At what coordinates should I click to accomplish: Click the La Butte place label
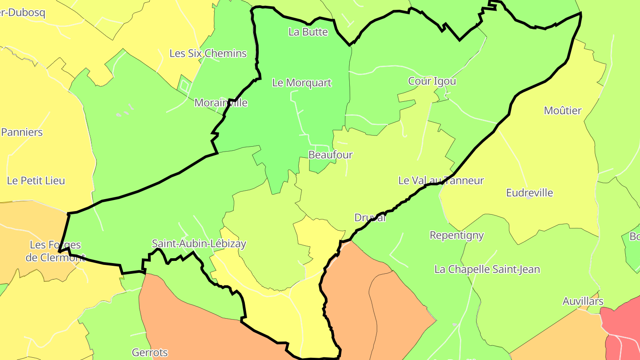pyautogui.click(x=308, y=32)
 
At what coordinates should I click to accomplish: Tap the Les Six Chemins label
pyautogui.click(x=208, y=53)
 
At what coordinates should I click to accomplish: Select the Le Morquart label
pyautogui.click(x=302, y=83)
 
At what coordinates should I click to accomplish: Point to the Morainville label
pyautogui.click(x=221, y=103)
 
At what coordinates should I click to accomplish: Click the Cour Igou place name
pyautogui.click(x=432, y=81)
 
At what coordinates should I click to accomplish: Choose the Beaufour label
pyautogui.click(x=330, y=155)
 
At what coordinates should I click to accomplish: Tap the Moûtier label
pyautogui.click(x=563, y=111)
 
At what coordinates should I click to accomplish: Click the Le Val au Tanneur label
pyautogui.click(x=441, y=180)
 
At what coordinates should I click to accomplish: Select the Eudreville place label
pyautogui.click(x=529, y=193)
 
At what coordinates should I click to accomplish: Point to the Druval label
pyautogui.click(x=370, y=218)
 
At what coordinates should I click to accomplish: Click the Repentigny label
pyautogui.click(x=456, y=235)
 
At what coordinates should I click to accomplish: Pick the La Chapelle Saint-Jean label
pyautogui.click(x=487, y=269)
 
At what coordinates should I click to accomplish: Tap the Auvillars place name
pyautogui.click(x=583, y=301)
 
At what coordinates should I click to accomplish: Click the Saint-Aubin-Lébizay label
pyautogui.click(x=199, y=244)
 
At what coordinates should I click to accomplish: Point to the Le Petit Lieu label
pyautogui.click(x=36, y=181)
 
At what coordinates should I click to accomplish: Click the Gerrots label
pyautogui.click(x=150, y=353)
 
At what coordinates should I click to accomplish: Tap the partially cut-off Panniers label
pyautogui.click(x=22, y=132)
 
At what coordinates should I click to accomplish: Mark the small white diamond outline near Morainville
pyautogui.click(x=184, y=84)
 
